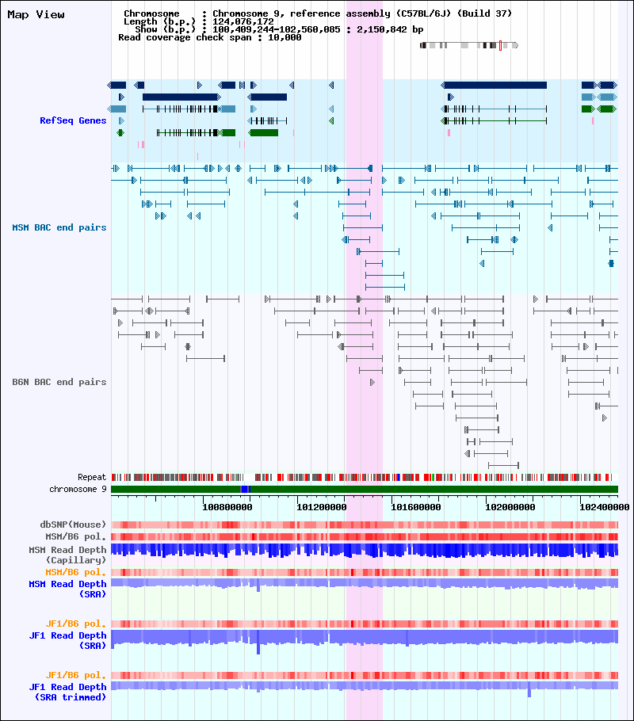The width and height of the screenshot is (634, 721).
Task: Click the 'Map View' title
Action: coord(36,15)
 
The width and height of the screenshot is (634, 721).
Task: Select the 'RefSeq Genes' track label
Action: coord(73,120)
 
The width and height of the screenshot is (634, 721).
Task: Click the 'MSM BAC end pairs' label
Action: coord(59,227)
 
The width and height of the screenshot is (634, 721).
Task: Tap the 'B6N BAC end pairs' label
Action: coord(59,382)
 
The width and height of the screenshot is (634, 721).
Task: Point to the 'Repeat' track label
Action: coord(92,477)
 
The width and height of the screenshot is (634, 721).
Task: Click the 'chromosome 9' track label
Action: coord(78,490)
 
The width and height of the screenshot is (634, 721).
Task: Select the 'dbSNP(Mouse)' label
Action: coord(73,525)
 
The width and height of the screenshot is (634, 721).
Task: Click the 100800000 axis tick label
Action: coord(227,507)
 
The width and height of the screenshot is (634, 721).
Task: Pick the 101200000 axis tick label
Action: coord(322,507)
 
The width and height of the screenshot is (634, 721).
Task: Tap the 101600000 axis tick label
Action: coord(416,507)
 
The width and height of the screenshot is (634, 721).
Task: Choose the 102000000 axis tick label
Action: coord(510,507)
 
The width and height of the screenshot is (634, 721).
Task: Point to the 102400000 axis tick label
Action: coord(605,507)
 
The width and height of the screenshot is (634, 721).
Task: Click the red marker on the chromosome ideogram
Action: coord(500,45)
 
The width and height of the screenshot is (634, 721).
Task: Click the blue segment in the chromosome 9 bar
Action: coord(245,490)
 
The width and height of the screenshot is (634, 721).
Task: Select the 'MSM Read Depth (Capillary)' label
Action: coord(67,555)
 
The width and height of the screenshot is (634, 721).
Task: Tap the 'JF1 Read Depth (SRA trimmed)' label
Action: coord(67,692)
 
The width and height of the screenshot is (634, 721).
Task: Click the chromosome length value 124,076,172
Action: coord(243,21)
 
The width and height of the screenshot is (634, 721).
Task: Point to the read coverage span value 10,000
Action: coord(285,38)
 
